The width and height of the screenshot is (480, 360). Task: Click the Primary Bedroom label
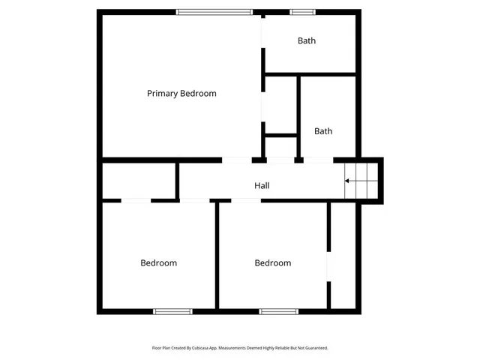(x=181, y=94)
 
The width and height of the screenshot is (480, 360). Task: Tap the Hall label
(x=262, y=185)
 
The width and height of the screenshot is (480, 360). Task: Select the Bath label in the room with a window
(x=307, y=41)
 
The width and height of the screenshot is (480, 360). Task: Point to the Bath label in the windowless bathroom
(x=323, y=131)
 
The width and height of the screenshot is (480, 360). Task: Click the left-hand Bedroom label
(x=159, y=263)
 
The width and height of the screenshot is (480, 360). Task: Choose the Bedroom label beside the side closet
(x=273, y=263)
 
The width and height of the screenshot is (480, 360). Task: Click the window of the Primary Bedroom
(x=214, y=11)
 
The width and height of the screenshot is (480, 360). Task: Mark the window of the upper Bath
(x=302, y=11)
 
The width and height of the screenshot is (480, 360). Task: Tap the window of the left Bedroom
(x=173, y=311)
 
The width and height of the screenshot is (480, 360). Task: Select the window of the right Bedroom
(x=279, y=311)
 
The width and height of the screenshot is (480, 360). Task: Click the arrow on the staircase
(x=349, y=181)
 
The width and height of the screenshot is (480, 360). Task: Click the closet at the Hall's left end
(x=139, y=180)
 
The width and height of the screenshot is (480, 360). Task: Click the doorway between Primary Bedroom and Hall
(x=237, y=160)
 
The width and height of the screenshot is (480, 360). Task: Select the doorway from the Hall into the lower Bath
(x=318, y=160)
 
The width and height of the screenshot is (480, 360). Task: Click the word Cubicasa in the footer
(x=197, y=348)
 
